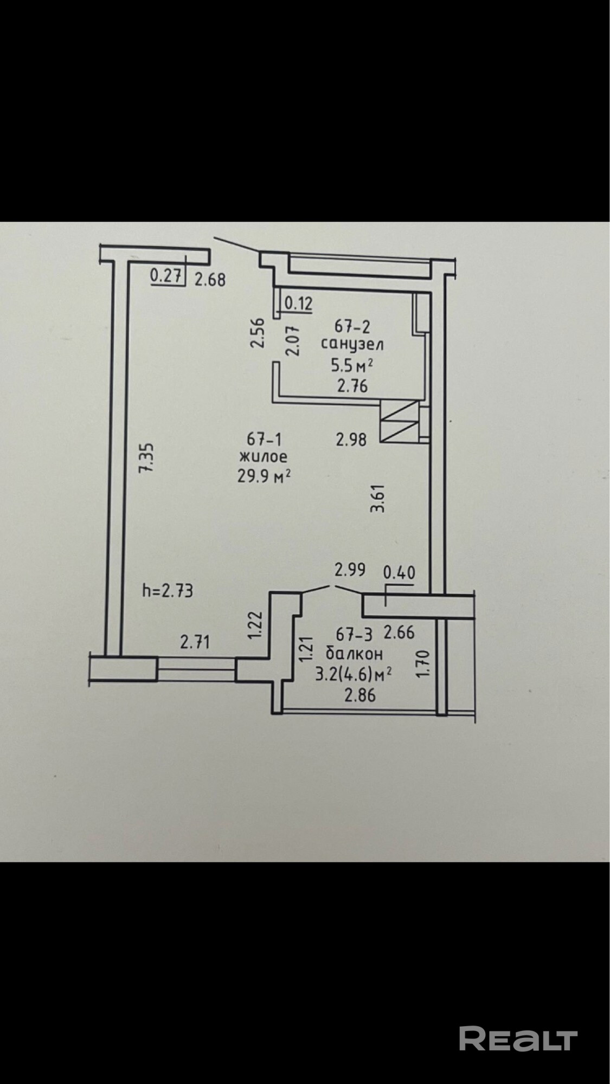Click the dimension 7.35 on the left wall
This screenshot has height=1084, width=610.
pos(146,459)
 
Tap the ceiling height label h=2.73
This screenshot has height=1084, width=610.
pos(167,590)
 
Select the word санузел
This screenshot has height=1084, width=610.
pos(352,344)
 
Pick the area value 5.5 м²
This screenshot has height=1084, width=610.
pos(352,366)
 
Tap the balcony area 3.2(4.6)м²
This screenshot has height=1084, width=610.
pos(354,674)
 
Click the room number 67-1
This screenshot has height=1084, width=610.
pos(265,438)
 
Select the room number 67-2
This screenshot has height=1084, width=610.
pos(352,326)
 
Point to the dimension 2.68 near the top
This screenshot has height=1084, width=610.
pos(209,280)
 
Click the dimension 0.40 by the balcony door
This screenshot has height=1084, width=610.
pos(399,572)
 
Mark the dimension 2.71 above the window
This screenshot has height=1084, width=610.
pos(195,643)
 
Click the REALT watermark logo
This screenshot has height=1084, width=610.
pos(518,1038)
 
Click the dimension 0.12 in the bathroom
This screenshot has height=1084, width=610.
pos(298,304)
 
